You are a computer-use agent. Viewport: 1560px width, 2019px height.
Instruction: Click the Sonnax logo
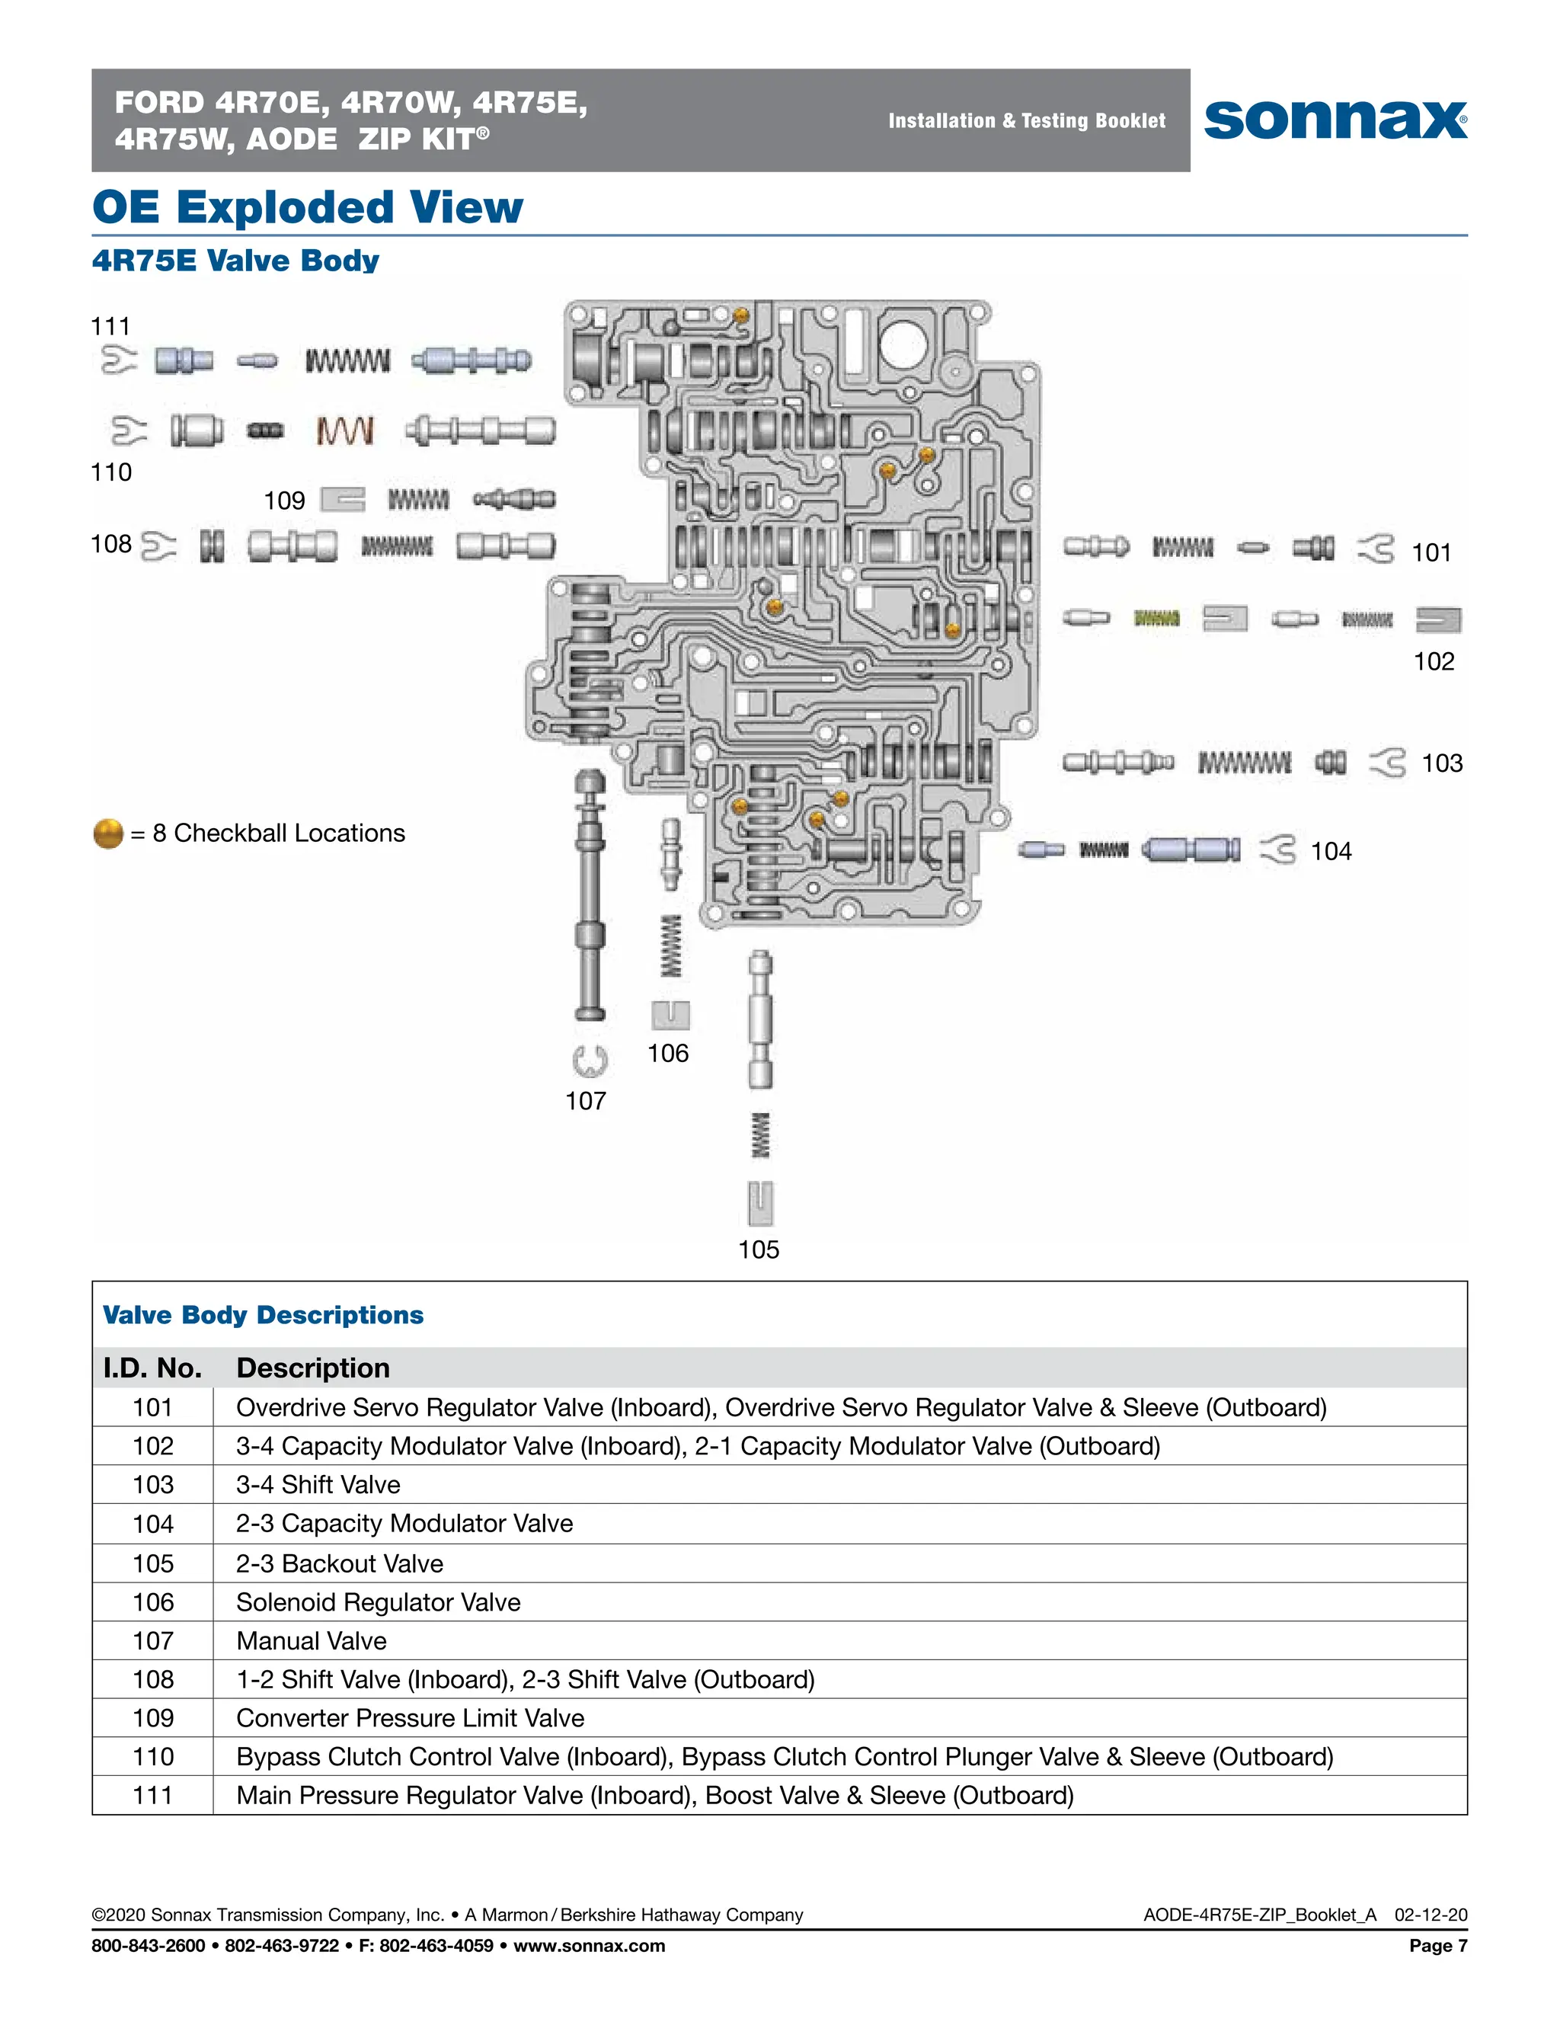click(x=1335, y=120)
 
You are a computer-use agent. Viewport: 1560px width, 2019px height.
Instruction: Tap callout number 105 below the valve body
click(x=758, y=1249)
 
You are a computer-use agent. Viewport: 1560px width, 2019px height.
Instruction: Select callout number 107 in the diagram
click(x=585, y=1100)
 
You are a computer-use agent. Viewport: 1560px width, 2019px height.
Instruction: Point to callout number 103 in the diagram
click(x=1442, y=763)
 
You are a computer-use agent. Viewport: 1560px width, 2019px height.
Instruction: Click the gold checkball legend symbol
click(x=108, y=833)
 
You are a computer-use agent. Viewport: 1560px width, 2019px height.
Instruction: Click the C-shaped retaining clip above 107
click(x=589, y=1061)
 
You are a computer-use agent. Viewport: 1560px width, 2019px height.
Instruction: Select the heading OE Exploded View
click(x=308, y=207)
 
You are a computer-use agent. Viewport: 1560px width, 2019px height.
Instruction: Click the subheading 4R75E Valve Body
click(x=235, y=261)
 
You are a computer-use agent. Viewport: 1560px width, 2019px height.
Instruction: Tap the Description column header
click(x=312, y=1368)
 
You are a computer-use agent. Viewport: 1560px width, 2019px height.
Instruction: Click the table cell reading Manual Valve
click(x=312, y=1640)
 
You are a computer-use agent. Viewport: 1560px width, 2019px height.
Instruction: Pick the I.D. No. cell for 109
click(x=152, y=1717)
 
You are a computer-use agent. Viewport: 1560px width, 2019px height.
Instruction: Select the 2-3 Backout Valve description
click(x=339, y=1563)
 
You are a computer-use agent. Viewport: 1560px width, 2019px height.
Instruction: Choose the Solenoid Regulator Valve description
click(x=378, y=1602)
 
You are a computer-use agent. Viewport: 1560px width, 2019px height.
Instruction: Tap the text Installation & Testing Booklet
click(x=1026, y=120)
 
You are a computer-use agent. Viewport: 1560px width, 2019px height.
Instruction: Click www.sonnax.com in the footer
click(x=589, y=1946)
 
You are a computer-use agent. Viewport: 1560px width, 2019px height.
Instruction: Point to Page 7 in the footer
click(x=1437, y=1946)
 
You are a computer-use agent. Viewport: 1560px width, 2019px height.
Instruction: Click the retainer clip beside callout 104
click(x=1277, y=849)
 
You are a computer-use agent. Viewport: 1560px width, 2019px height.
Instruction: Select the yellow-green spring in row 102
click(x=1156, y=618)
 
